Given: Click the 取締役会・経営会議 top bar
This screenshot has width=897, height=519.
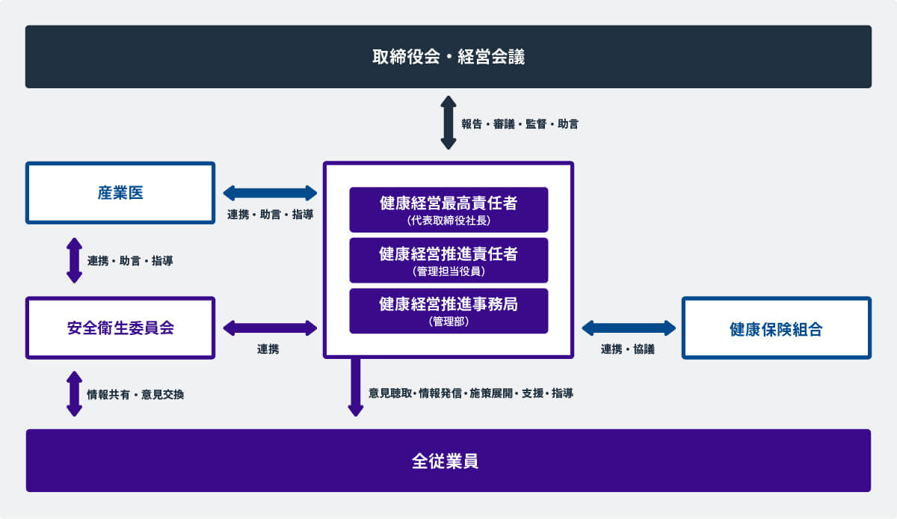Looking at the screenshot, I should click(449, 57).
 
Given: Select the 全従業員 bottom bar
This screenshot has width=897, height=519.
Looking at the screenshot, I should click(449, 461).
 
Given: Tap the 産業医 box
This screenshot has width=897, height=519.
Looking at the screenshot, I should click(120, 193).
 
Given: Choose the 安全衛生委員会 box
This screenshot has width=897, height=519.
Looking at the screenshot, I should click(120, 328).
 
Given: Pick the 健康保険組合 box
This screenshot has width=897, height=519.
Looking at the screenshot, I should click(776, 328).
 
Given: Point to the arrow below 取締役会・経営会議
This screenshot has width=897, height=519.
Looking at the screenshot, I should click(448, 123).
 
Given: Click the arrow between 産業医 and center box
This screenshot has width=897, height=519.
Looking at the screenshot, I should click(270, 193).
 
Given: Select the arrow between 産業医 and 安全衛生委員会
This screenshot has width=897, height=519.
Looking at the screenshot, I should click(74, 260).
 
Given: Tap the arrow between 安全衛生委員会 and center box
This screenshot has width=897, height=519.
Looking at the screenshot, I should click(270, 328).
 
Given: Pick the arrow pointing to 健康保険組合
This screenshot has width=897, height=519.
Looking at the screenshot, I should click(629, 328).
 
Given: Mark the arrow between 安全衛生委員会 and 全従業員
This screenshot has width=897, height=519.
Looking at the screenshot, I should click(74, 393).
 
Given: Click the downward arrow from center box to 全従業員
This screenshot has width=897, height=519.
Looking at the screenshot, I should click(356, 387).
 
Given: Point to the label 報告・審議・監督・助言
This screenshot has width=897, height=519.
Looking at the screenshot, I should click(520, 124).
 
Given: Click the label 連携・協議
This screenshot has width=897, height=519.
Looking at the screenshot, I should click(628, 349).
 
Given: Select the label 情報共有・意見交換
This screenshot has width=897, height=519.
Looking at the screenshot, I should click(135, 394).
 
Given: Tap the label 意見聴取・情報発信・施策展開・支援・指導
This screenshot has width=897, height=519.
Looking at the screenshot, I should click(471, 393).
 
